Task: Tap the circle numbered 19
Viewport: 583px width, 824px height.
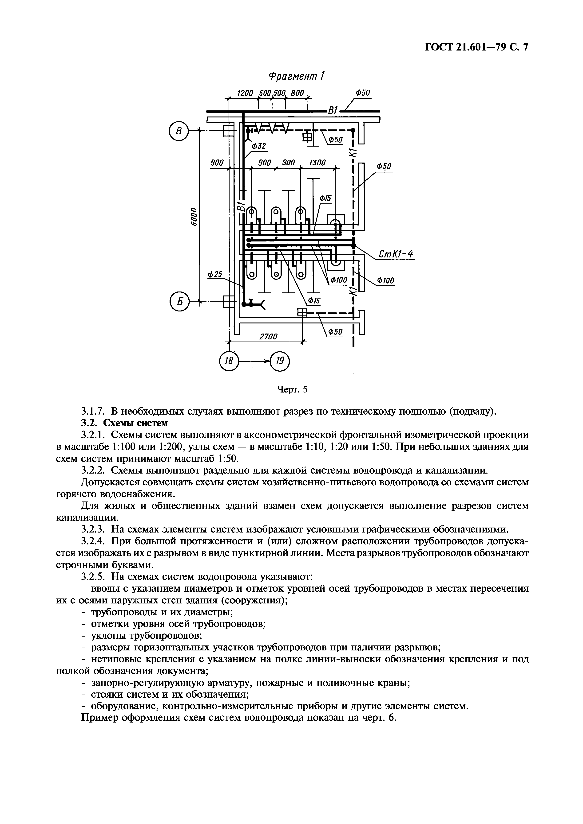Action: (280, 361)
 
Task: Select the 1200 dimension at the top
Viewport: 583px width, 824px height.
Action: (245, 93)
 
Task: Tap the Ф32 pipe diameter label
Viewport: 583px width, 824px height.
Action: (258, 146)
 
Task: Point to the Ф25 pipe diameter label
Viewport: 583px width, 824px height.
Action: (215, 275)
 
